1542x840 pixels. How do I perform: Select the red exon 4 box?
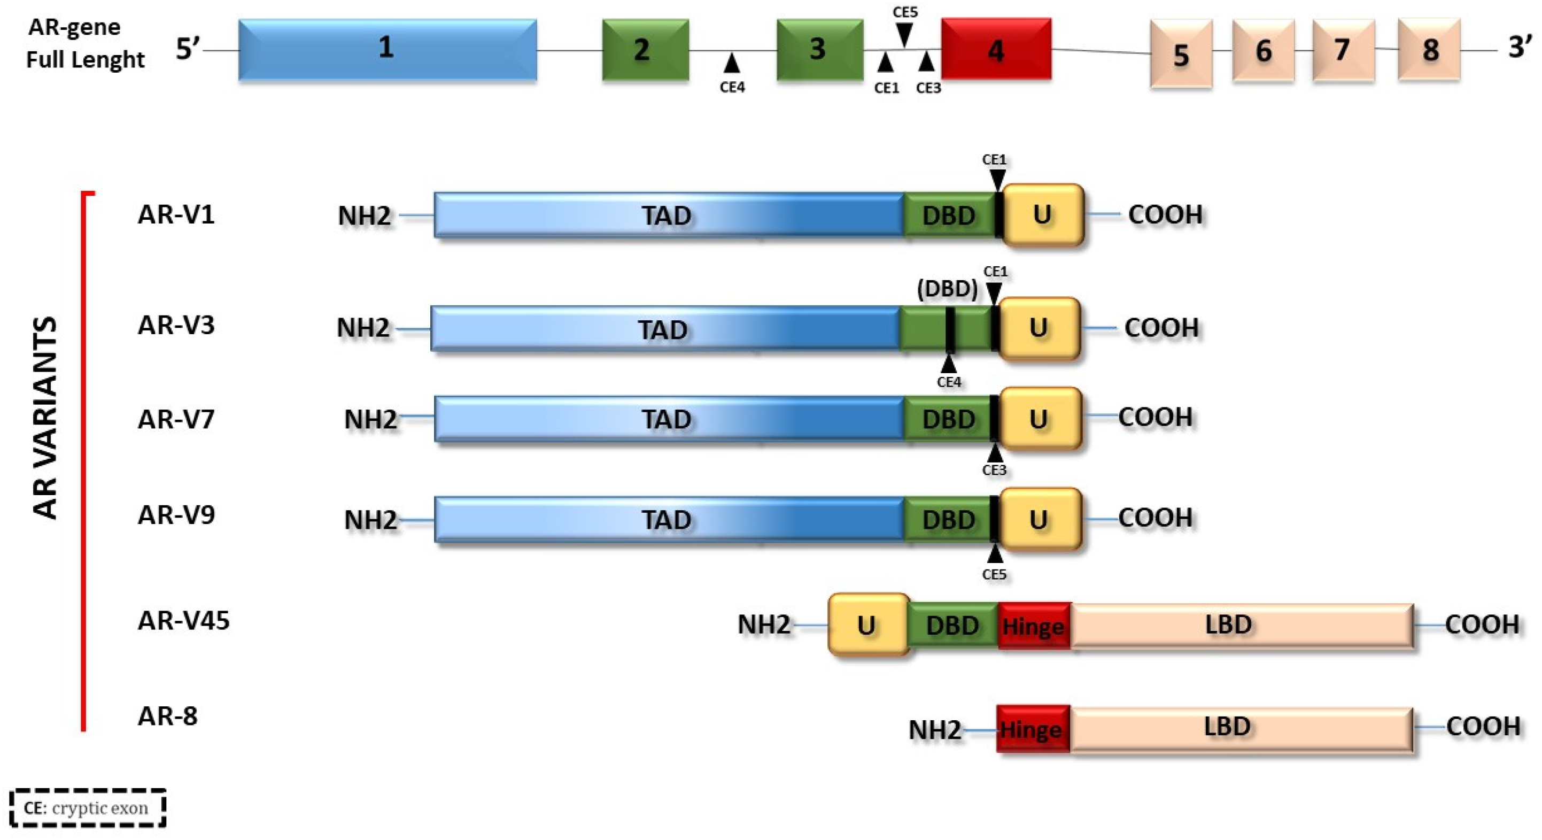tap(995, 49)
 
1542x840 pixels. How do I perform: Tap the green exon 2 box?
tap(645, 49)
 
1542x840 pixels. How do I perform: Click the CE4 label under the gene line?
tap(732, 87)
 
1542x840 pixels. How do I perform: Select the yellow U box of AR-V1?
tap(1042, 215)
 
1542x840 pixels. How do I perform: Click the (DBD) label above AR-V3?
tap(947, 289)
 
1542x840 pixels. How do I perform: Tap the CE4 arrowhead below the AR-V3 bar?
tap(948, 364)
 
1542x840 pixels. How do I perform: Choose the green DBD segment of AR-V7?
tap(948, 419)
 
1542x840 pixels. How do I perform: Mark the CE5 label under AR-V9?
tap(994, 574)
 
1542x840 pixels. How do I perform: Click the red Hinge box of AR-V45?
tap(1033, 626)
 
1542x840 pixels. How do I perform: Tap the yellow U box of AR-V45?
tap(867, 625)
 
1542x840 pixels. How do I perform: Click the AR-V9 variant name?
tap(176, 514)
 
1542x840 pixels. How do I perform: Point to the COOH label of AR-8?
tap(1483, 726)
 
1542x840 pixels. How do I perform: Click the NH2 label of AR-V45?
tap(764, 625)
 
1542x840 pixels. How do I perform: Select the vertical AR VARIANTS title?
tap(45, 417)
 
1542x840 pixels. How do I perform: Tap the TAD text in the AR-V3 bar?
tap(662, 330)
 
